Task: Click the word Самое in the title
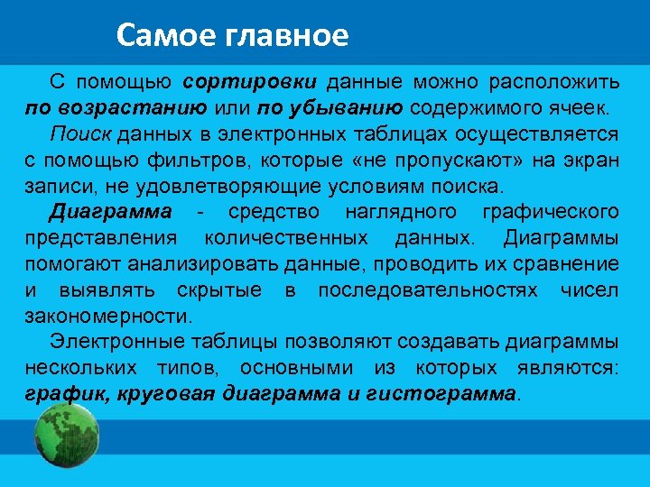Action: click(x=161, y=35)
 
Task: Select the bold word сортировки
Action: click(x=249, y=82)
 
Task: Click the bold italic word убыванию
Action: click(x=353, y=108)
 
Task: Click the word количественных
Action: click(x=288, y=238)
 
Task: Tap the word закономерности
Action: click(x=108, y=317)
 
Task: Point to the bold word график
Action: click(x=60, y=394)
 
